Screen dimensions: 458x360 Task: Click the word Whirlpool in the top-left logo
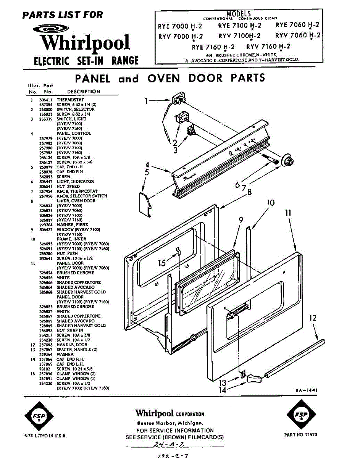(86, 43)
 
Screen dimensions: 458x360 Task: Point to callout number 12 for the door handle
(313, 318)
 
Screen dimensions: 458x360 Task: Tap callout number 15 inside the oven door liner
(162, 263)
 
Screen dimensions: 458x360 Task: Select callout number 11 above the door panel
(288, 213)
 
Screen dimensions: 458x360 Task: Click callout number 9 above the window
(241, 220)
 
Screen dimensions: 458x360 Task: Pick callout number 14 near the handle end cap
(222, 390)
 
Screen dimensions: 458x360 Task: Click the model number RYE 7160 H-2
(213, 47)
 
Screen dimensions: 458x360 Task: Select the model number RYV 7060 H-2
(298, 35)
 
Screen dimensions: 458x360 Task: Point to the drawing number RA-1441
(307, 390)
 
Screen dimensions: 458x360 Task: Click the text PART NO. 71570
(300, 435)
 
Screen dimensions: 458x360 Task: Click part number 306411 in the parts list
(45, 100)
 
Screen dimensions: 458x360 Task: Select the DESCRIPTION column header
(84, 92)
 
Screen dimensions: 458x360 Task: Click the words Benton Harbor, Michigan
(170, 423)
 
